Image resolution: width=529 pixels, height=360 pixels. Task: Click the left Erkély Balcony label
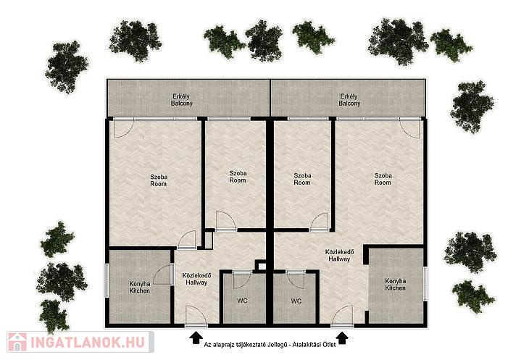(x=181, y=100)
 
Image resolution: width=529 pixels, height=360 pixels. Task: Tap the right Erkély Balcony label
(x=349, y=100)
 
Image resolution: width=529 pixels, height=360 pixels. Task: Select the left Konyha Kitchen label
(x=140, y=287)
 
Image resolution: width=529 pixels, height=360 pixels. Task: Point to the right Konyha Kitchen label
(x=396, y=284)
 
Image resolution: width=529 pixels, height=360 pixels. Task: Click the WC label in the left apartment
(x=242, y=301)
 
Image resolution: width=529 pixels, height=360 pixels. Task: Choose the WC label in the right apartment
(x=296, y=301)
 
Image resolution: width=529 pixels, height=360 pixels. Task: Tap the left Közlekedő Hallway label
(x=196, y=279)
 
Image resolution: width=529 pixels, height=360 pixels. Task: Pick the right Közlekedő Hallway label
(x=339, y=255)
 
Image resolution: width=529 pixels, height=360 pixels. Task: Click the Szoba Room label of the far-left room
(x=159, y=180)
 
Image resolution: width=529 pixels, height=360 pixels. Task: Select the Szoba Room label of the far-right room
(x=383, y=179)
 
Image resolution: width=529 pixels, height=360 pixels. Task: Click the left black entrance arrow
(x=196, y=338)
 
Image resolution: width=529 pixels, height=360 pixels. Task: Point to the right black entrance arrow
(x=343, y=338)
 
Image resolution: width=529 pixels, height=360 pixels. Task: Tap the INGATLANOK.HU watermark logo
(x=80, y=342)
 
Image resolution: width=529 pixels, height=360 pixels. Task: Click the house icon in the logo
(x=17, y=342)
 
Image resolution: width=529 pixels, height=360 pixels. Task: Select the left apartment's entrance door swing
(x=196, y=316)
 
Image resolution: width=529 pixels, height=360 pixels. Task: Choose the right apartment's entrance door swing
(x=342, y=316)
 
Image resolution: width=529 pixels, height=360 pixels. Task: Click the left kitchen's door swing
(x=163, y=275)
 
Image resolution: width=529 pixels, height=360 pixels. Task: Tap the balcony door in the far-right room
(x=410, y=127)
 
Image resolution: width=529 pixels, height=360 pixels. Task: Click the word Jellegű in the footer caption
(x=278, y=345)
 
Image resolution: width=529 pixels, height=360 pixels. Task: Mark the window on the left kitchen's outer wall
(x=107, y=280)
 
